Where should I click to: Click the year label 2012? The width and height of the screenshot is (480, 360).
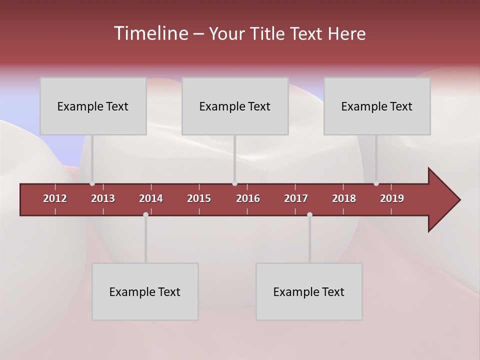[x=55, y=198]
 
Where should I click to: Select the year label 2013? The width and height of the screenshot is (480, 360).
[x=103, y=198]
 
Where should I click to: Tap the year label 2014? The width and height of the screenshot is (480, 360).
[x=151, y=198]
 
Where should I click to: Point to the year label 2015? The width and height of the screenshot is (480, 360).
[x=199, y=198]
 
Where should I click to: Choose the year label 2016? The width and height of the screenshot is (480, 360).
[x=248, y=198]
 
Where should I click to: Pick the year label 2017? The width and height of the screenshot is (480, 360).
[x=296, y=198]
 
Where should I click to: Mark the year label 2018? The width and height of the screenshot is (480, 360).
[x=344, y=198]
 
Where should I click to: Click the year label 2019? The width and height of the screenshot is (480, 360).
[x=392, y=198]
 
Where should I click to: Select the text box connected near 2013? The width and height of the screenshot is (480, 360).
[x=93, y=106]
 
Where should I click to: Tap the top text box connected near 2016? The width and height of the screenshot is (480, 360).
[x=235, y=106]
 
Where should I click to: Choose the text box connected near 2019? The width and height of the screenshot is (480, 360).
[x=377, y=106]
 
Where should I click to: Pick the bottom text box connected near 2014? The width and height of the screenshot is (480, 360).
[x=145, y=291]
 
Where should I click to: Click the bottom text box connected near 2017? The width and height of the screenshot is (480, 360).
[x=309, y=291]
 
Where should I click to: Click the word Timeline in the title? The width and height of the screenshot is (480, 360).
[x=150, y=33]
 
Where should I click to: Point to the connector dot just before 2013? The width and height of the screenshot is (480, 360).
[x=92, y=183]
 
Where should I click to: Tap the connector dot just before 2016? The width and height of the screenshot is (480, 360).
[x=234, y=183]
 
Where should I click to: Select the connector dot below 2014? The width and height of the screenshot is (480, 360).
[x=145, y=215]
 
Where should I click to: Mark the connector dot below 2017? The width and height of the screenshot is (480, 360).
[x=309, y=215]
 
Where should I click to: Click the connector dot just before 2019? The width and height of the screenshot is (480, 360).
[x=376, y=183]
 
